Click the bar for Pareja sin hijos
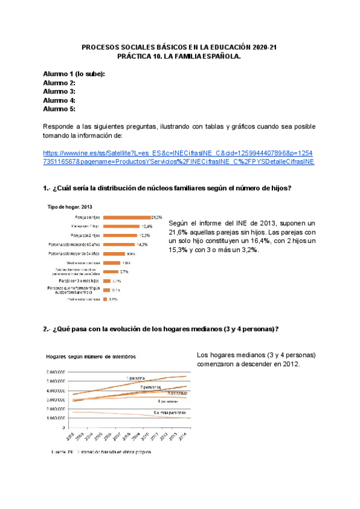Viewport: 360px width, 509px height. click(x=126, y=217)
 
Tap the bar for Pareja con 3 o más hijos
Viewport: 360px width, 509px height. click(x=107, y=280)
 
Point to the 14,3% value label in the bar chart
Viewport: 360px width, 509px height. click(x=142, y=245)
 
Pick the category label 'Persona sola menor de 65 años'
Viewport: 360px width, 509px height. click(x=74, y=245)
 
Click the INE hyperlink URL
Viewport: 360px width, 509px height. click(x=178, y=157)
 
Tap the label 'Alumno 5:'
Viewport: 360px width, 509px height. click(x=59, y=109)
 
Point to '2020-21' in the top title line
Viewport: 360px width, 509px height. click(x=265, y=47)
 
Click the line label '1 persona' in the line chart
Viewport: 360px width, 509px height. click(x=136, y=378)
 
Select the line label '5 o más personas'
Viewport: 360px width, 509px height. click(x=169, y=413)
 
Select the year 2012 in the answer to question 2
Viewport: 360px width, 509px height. click(x=288, y=364)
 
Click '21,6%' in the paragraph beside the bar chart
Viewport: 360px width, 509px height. click(x=179, y=232)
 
